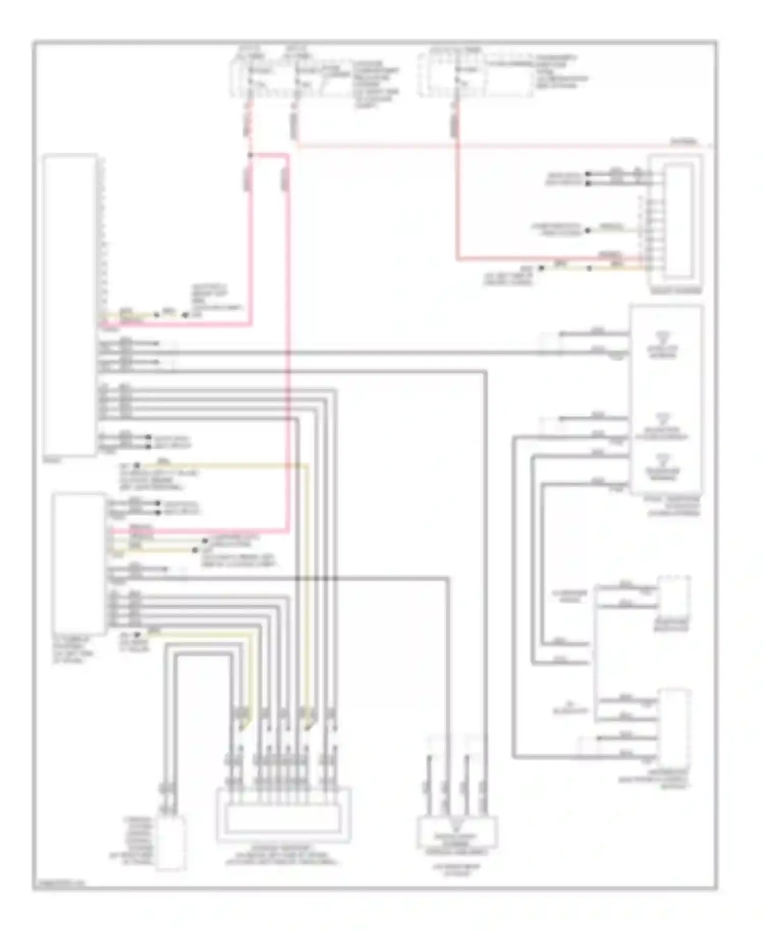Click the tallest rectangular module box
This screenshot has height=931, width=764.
tap(70, 304)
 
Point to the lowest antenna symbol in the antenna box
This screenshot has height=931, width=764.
tap(663, 459)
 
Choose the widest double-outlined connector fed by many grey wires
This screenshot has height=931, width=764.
tap(284, 815)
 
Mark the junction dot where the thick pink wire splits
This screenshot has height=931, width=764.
tap(250, 154)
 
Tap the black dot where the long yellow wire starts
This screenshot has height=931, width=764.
tap(137, 465)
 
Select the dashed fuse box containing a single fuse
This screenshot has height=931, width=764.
tap(476, 75)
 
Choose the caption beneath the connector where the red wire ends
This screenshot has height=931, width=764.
tap(675, 292)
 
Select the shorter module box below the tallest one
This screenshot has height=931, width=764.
tap(79, 563)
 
